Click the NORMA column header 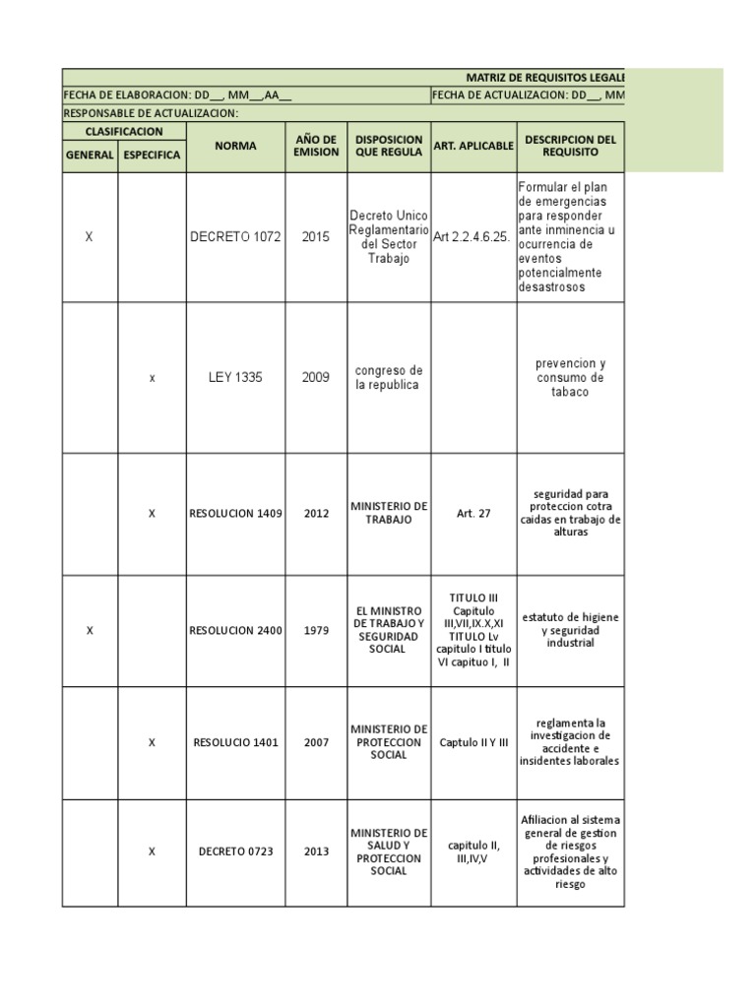pyautogui.click(x=235, y=146)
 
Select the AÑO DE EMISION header pyautogui.click(x=316, y=146)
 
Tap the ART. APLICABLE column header pyautogui.click(x=473, y=146)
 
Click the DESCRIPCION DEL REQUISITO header pyautogui.click(x=570, y=146)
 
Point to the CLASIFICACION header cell pyautogui.click(x=124, y=130)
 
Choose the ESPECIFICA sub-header pyautogui.click(x=152, y=156)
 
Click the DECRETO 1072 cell pyautogui.click(x=235, y=237)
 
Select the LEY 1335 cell pyautogui.click(x=235, y=377)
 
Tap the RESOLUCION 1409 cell pyautogui.click(x=235, y=513)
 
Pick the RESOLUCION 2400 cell pyautogui.click(x=235, y=630)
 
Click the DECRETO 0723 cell pyautogui.click(x=235, y=851)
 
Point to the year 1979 pyautogui.click(x=316, y=630)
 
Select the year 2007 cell pyautogui.click(x=316, y=742)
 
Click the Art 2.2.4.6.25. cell pyautogui.click(x=472, y=237)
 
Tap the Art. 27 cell pyautogui.click(x=472, y=513)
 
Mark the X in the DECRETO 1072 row pyautogui.click(x=90, y=237)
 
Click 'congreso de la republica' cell pyautogui.click(x=387, y=377)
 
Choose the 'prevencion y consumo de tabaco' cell pyautogui.click(x=570, y=377)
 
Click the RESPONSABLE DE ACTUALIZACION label pyautogui.click(x=151, y=113)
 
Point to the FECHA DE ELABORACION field pyautogui.click(x=177, y=95)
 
